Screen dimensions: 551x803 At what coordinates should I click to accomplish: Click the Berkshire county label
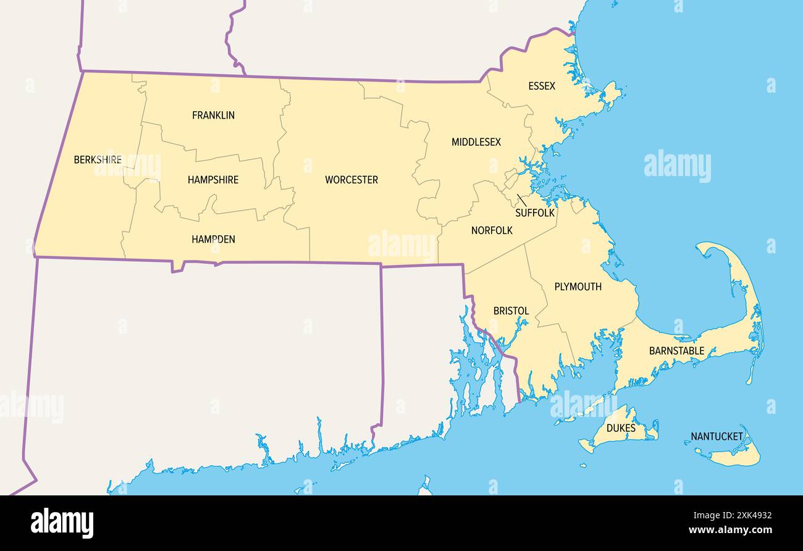tap(98, 160)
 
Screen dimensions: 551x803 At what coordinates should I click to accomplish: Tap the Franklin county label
tap(213, 116)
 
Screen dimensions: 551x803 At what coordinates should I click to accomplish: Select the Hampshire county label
tap(213, 180)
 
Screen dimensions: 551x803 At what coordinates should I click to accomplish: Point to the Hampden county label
tap(213, 239)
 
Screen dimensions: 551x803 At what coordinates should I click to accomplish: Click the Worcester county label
tap(351, 180)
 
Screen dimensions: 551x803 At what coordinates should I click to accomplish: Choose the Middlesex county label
tap(476, 142)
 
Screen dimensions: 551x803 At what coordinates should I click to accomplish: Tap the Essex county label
tap(542, 86)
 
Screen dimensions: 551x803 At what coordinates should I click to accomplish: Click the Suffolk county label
tap(535, 213)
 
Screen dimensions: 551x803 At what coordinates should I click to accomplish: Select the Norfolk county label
tap(492, 230)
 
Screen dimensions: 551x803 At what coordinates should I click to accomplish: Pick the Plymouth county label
tap(578, 287)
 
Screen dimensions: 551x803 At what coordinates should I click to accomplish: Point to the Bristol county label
tap(511, 311)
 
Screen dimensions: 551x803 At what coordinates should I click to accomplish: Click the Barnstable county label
tap(676, 351)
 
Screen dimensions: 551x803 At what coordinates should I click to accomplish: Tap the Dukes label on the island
tap(621, 427)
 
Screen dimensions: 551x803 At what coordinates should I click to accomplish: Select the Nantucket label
tap(717, 437)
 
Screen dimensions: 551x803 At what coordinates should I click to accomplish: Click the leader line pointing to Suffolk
tap(522, 200)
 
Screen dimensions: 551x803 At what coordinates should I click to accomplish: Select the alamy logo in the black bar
tap(62, 523)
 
